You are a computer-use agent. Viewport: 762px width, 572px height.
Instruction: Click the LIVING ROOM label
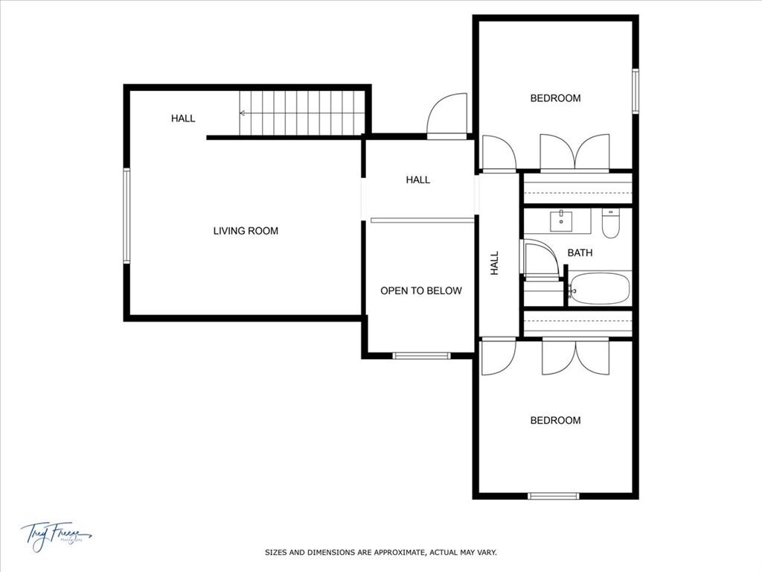[246, 231]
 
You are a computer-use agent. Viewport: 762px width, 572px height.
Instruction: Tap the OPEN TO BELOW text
[421, 290]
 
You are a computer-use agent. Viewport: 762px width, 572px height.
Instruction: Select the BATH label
[580, 253]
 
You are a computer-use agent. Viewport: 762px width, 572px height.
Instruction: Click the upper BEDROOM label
[555, 98]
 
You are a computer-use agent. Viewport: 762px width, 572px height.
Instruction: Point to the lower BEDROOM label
[555, 421]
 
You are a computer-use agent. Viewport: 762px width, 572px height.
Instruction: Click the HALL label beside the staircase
[183, 118]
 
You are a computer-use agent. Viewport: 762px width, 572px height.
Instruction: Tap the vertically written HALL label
[495, 263]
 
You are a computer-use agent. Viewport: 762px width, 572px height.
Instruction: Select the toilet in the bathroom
[611, 223]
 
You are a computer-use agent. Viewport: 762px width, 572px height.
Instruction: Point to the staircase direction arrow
[243, 113]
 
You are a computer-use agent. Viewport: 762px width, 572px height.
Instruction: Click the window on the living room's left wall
[127, 216]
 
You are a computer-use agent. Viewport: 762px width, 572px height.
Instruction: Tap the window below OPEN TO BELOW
[421, 355]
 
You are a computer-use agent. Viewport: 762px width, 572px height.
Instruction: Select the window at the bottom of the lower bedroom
[554, 495]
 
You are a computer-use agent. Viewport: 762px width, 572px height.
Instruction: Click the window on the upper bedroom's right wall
[635, 91]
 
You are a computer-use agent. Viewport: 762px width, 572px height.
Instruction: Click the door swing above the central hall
[448, 115]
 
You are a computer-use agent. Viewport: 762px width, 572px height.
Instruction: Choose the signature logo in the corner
[56, 534]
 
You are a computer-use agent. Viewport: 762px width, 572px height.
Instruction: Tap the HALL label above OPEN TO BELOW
[418, 179]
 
